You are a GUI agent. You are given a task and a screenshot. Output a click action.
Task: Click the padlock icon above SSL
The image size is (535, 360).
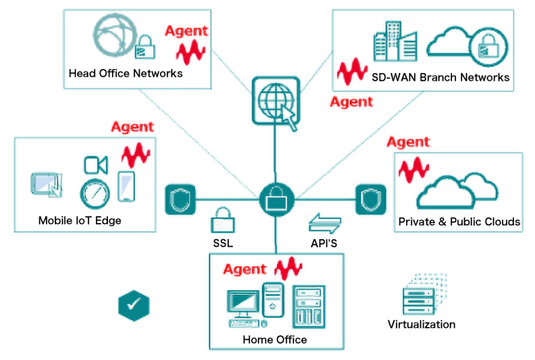(222, 219)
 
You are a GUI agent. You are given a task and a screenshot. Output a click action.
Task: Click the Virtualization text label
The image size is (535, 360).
(421, 325)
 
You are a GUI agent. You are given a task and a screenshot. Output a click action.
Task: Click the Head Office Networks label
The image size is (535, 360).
(126, 73)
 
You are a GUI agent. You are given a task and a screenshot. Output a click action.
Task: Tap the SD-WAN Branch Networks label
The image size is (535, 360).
(441, 77)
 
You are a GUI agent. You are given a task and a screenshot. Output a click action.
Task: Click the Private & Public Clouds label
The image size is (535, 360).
(459, 221)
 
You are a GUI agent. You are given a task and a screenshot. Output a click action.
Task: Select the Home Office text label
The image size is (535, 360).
(275, 340)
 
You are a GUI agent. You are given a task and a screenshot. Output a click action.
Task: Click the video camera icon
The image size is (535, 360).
(96, 165)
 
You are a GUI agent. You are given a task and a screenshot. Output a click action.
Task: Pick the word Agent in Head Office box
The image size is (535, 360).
(186, 31)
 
